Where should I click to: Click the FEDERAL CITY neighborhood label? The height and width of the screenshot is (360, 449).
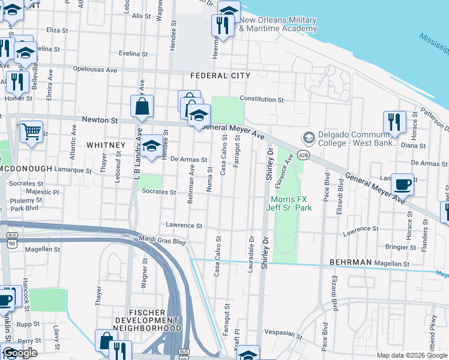pyautogui.click(x=220, y=76)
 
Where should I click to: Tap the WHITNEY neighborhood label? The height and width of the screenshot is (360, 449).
pyautogui.click(x=106, y=145)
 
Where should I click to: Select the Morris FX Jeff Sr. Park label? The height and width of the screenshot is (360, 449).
pyautogui.click(x=291, y=203)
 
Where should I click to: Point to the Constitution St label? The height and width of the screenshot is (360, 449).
pyautogui.click(x=261, y=99)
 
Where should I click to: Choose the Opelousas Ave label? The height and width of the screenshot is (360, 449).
pyautogui.click(x=93, y=70)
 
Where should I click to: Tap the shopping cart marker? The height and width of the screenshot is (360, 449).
pyautogui.click(x=31, y=130)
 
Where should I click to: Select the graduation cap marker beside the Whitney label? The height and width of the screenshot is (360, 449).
pyautogui.click(x=152, y=144)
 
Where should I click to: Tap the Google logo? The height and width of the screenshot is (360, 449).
pyautogui.click(x=19, y=353)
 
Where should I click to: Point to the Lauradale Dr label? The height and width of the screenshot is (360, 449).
pyautogui.click(x=251, y=254)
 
